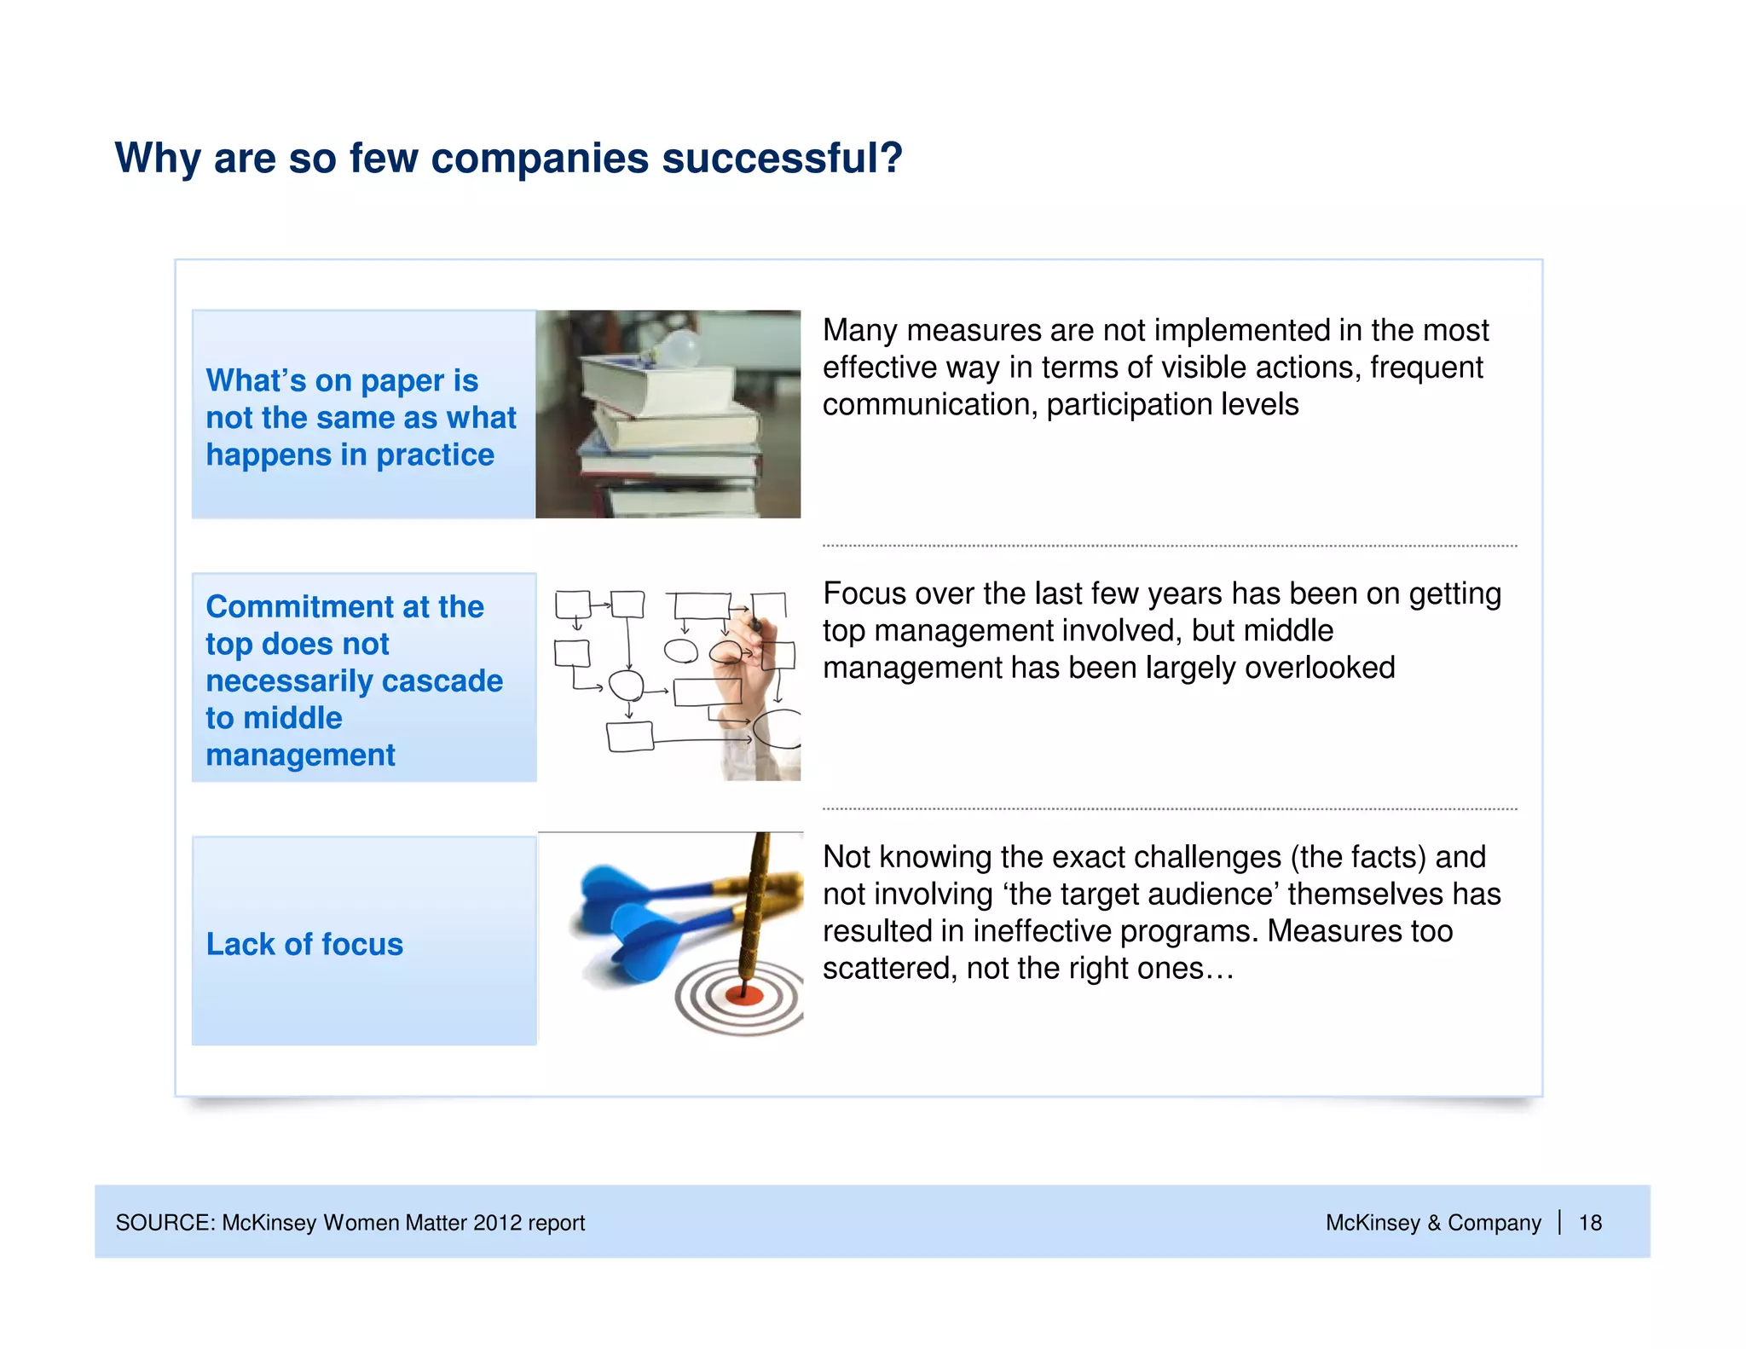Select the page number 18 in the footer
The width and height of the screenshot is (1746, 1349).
[1590, 1223]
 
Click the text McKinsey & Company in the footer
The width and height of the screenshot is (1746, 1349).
[1432, 1223]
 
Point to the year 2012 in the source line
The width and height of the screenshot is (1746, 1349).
[497, 1223]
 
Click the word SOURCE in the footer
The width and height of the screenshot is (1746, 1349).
[165, 1223]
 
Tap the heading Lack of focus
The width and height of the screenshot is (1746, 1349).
[304, 944]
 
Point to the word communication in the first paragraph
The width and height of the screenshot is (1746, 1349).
[928, 405]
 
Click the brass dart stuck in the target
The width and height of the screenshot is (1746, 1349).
[754, 904]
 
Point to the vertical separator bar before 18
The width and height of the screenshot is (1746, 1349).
[1559, 1222]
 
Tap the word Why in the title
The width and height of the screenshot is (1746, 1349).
[158, 159]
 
